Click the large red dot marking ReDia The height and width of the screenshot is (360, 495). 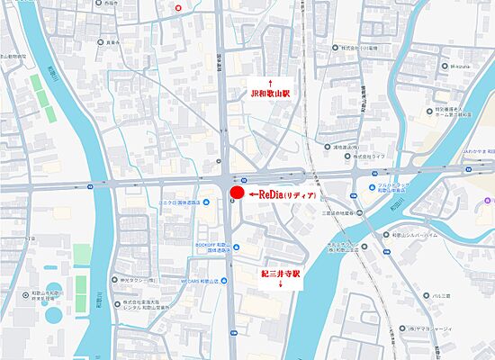[x=236, y=193]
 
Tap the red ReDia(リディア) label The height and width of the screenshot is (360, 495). [x=285, y=194]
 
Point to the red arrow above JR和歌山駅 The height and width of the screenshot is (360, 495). [x=272, y=81]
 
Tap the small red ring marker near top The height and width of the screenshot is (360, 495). [x=178, y=8]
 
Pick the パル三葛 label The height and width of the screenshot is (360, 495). [x=442, y=295]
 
